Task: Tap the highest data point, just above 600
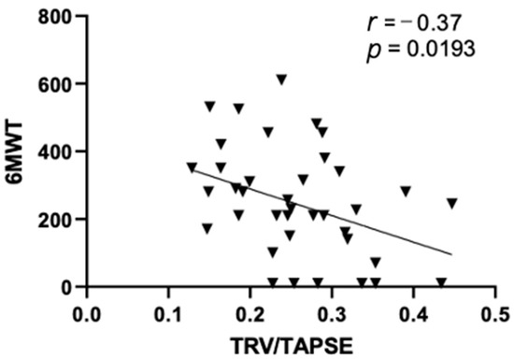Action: tap(281, 79)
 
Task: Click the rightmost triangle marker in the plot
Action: tap(452, 203)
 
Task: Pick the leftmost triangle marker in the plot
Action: tap(193, 168)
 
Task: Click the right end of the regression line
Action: tap(452, 253)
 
